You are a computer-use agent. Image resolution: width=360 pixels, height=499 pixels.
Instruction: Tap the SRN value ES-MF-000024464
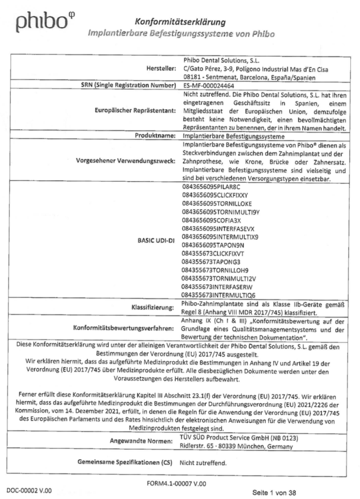(x=209, y=87)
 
